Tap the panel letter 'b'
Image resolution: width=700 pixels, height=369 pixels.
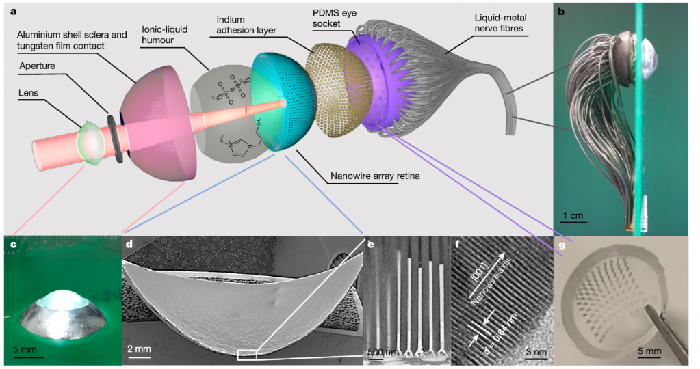click(561, 11)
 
